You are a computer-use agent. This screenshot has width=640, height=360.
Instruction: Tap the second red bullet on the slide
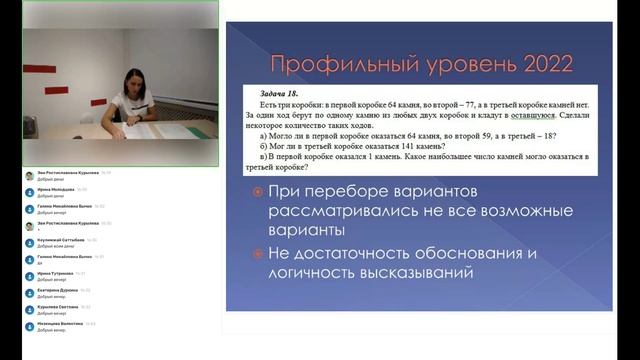point(258,253)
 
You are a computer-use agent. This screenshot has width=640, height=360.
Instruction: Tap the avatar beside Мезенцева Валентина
point(29,326)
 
